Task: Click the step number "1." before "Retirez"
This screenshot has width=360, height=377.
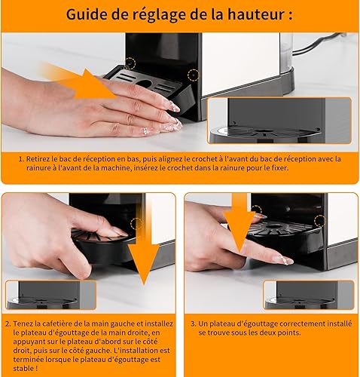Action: [x=21, y=159]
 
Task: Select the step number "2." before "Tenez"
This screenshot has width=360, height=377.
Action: [x=8, y=323]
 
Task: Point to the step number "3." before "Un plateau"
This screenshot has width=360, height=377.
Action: [x=194, y=323]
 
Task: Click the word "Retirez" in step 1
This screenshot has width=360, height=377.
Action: [x=38, y=159]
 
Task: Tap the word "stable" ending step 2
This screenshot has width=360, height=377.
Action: [x=23, y=369]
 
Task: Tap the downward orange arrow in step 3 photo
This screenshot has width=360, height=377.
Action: [x=239, y=224]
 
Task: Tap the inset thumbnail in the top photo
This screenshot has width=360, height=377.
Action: [x=279, y=121]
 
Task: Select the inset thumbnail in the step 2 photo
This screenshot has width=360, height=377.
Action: [x=50, y=295]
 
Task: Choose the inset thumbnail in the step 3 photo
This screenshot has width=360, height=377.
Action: [x=309, y=295]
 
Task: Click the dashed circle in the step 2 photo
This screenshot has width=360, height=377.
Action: [x=136, y=223]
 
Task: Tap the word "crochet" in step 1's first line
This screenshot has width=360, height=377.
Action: [x=203, y=159]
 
